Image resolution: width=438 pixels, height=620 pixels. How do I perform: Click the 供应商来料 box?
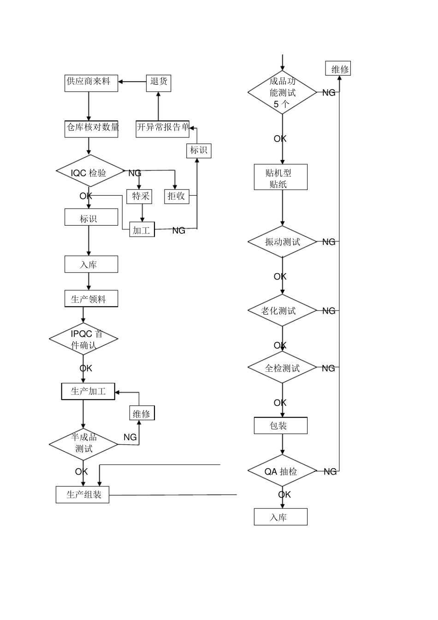coord(91,83)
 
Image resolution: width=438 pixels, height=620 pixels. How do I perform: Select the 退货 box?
coord(159,83)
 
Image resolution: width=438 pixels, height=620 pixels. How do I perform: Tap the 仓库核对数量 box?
coord(91,128)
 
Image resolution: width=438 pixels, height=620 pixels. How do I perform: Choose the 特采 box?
coord(139,196)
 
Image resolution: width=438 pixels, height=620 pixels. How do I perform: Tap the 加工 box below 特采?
coord(142,229)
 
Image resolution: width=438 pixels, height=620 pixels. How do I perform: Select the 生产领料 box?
coord(91,298)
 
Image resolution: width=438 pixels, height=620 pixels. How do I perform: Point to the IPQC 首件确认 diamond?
coord(83,339)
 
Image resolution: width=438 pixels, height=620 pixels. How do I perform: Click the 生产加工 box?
coord(88,391)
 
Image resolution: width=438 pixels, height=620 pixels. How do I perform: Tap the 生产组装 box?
coord(83,495)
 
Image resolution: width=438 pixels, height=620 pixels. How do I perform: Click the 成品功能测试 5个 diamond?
coord(282,93)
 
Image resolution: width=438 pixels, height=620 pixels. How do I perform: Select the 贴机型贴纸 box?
coord(280,177)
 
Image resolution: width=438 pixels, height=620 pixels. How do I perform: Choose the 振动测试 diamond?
coord(282,242)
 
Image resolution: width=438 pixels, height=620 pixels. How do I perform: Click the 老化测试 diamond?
coord(282,310)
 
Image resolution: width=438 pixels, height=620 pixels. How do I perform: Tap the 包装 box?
coord(280,425)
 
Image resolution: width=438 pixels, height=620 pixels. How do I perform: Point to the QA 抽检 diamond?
coord(282,471)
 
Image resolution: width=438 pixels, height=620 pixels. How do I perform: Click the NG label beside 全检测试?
coord(328,368)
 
